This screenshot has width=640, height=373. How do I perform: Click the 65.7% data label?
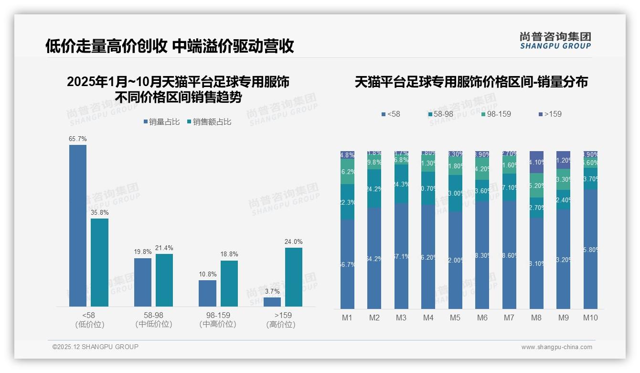tap(78, 139)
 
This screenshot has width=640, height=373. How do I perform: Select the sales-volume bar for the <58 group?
tap(78, 225)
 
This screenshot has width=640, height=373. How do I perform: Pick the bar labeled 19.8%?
tap(143, 282)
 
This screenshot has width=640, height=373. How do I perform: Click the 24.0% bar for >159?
tap(294, 277)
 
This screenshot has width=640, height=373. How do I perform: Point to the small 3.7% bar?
tap(272, 302)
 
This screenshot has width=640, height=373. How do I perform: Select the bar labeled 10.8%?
tap(207, 293)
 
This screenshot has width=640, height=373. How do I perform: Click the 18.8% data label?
tap(229, 254)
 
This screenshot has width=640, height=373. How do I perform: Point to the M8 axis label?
tap(536, 318)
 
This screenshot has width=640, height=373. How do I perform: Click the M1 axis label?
tap(347, 318)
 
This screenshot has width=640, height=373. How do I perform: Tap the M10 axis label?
tap(590, 318)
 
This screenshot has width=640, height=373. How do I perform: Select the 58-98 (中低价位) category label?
tap(154, 319)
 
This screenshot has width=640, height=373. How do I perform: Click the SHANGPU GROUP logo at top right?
tap(555, 40)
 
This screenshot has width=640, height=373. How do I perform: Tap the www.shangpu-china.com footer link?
tap(556, 347)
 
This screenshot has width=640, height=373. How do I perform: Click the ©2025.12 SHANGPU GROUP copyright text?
tap(96, 347)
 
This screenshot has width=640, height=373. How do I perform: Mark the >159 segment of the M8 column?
tap(536, 162)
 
